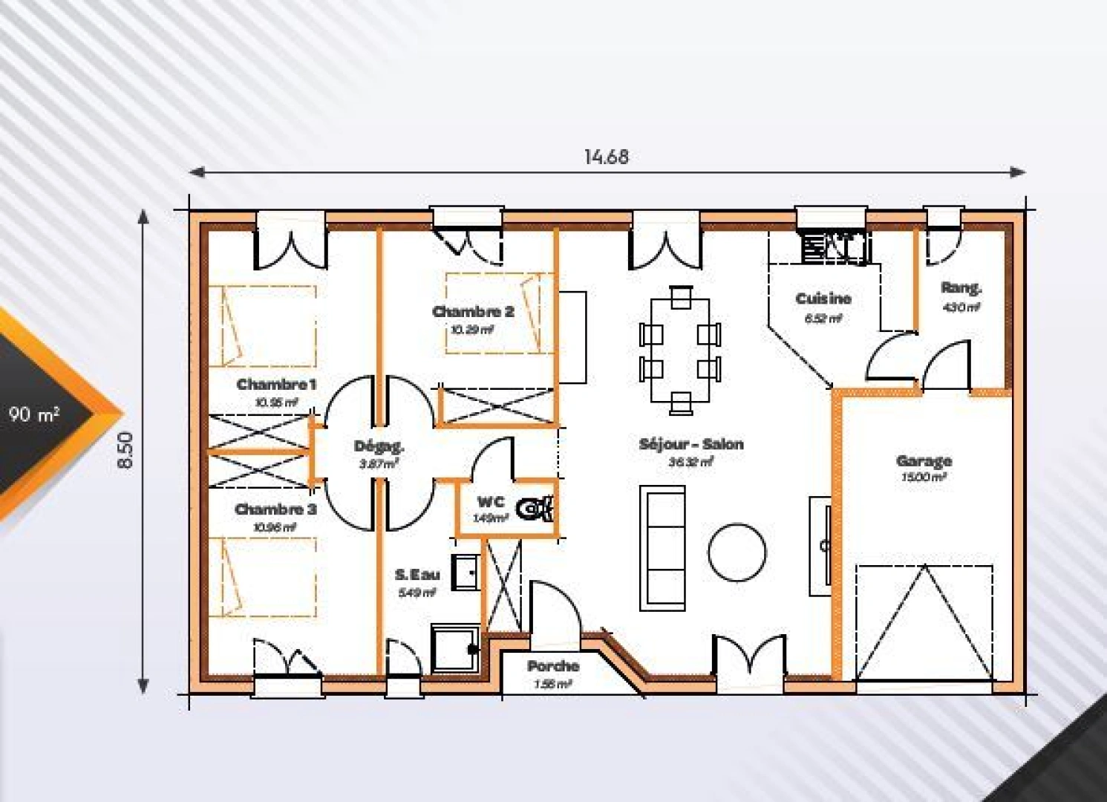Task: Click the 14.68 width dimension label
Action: point(606,157)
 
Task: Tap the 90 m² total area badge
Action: point(34,414)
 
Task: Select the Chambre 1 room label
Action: point(276,385)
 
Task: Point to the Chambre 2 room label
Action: point(473,312)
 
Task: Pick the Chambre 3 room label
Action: point(275,510)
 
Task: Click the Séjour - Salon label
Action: point(690,445)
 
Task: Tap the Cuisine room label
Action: point(823,299)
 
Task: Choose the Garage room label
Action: point(924,461)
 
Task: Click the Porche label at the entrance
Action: point(553,667)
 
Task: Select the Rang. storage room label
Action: point(961,288)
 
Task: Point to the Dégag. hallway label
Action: point(379,447)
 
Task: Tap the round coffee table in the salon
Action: point(737,554)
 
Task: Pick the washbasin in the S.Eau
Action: point(465,572)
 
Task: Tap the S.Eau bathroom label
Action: point(417,575)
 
